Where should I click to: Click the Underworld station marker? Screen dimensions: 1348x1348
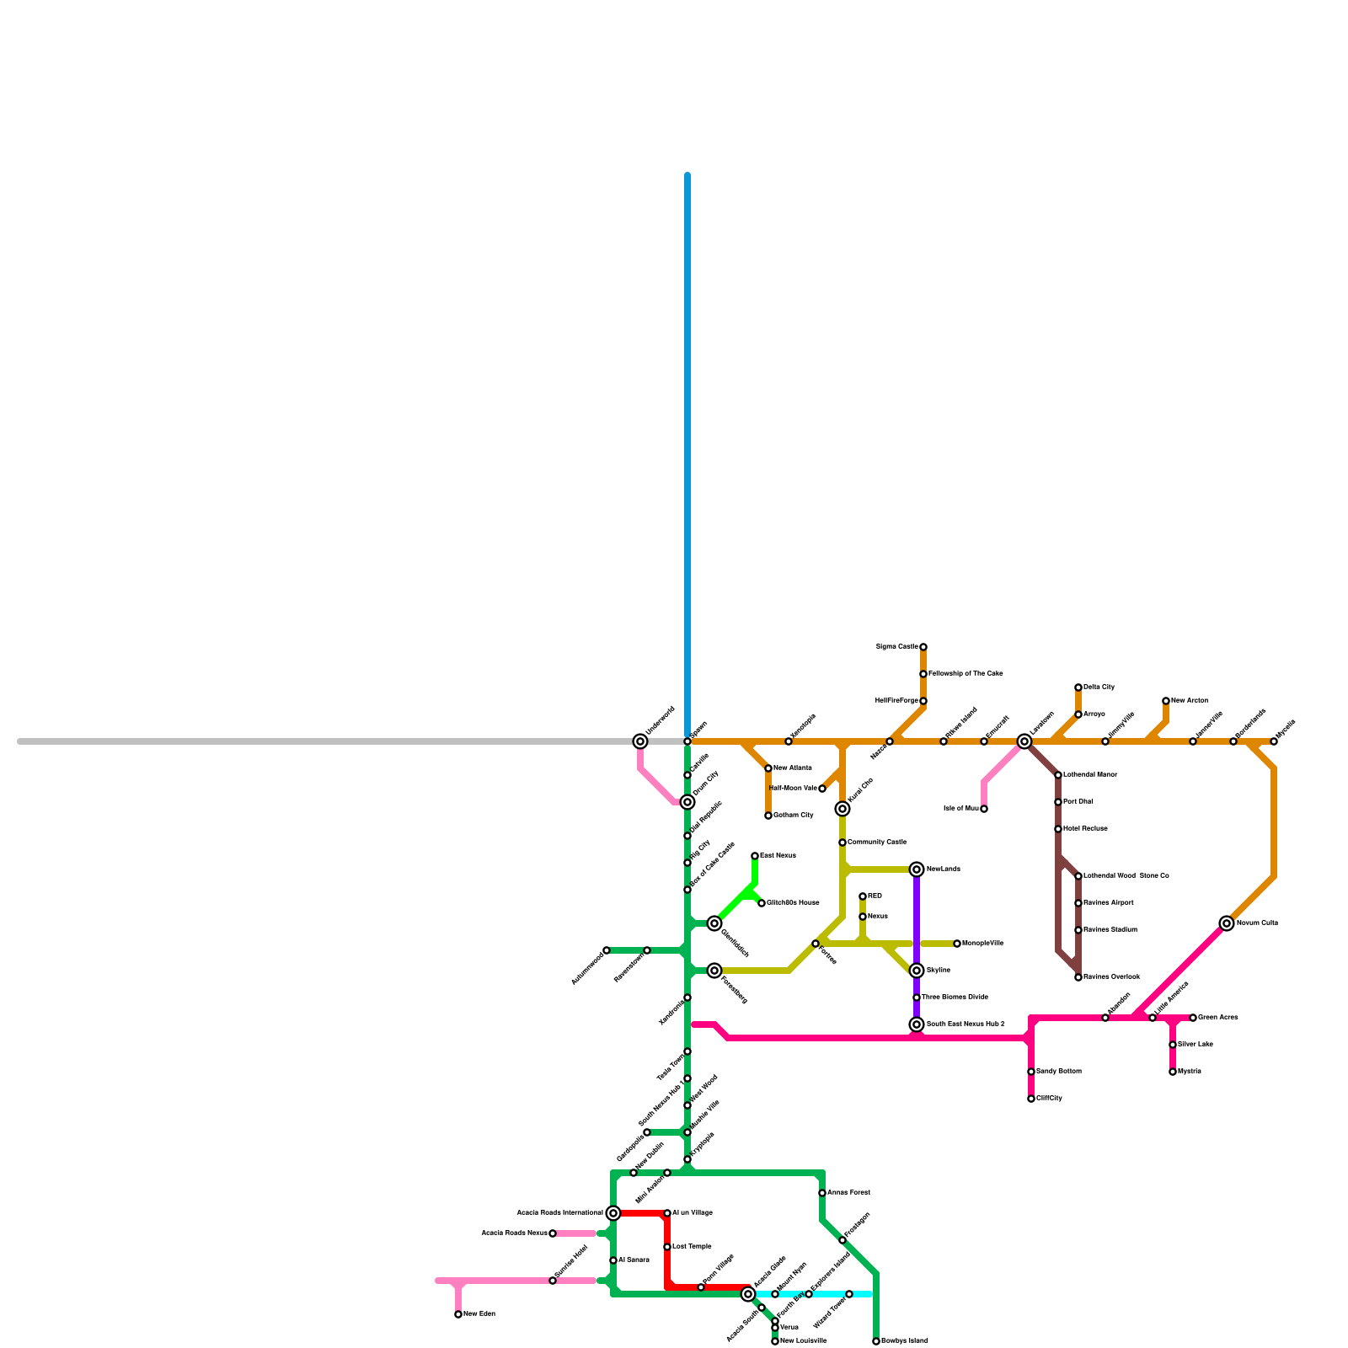(640, 741)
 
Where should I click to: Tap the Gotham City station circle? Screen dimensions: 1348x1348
(768, 816)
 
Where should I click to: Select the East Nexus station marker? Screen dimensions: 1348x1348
(755, 856)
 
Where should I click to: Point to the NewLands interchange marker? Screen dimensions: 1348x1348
(917, 869)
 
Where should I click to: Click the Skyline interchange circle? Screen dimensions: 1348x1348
(917, 971)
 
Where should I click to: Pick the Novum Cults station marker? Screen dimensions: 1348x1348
(1227, 923)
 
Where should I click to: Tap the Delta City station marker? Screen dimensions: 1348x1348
(1078, 687)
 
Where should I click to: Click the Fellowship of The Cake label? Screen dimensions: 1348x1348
(966, 674)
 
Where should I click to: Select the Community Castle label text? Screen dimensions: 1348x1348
(877, 842)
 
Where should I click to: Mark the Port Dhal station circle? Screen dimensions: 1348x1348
(1058, 802)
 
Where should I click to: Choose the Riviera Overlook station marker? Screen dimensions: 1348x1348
(1078, 977)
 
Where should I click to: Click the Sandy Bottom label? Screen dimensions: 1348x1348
(1059, 1072)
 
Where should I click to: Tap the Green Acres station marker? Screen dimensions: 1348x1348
(1193, 1018)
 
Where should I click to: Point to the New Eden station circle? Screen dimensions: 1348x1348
(458, 1314)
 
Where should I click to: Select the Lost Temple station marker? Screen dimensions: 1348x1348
(667, 1247)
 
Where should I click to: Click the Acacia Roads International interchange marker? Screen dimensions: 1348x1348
(613, 1213)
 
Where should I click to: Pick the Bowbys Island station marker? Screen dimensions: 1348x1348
(876, 1341)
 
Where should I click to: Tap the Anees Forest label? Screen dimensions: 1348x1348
(848, 1193)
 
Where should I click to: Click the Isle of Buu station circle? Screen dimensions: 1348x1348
(984, 809)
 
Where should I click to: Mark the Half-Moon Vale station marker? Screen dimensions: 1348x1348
(822, 789)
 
